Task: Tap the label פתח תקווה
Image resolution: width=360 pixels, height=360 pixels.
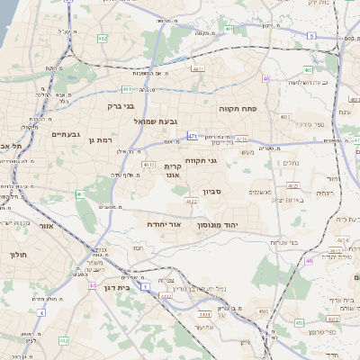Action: tap(238, 107)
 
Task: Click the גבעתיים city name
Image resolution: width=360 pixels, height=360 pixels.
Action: tap(66, 135)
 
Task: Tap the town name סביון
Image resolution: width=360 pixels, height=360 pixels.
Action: tap(237, 192)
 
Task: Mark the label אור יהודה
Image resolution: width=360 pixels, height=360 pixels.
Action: tap(165, 222)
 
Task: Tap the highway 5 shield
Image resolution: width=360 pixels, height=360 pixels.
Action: tap(311, 35)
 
